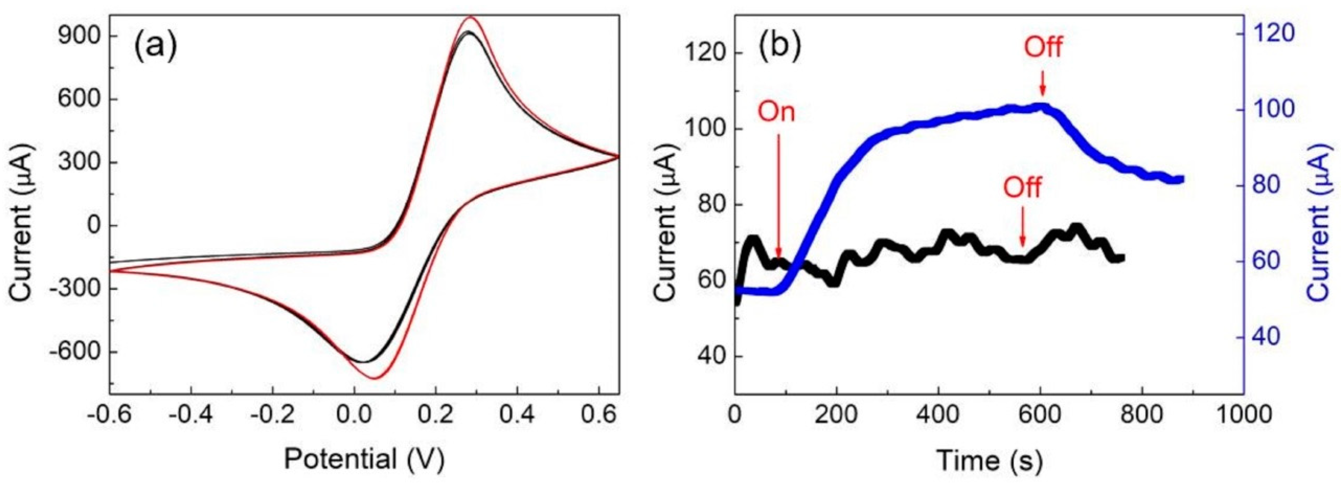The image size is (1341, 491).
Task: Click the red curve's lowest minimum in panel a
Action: [x=376, y=378]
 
